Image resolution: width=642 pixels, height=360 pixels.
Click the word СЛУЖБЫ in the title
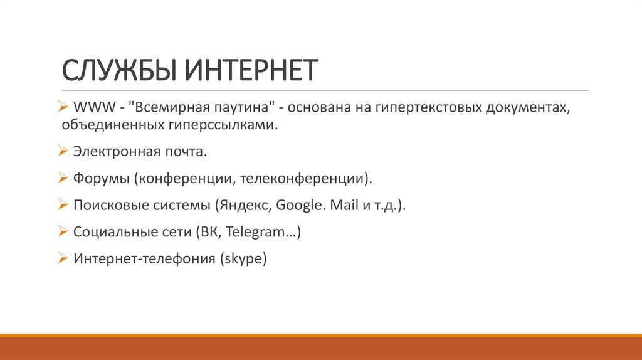[117, 70]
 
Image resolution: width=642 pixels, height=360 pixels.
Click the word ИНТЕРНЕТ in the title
[252, 70]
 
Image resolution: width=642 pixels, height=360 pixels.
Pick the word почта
[189, 152]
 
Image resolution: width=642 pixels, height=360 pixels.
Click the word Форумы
[100, 179]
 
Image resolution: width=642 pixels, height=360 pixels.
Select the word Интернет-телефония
[144, 258]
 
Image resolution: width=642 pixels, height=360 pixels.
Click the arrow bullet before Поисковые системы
[63, 204]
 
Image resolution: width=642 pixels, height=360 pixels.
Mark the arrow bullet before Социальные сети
[63, 231]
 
